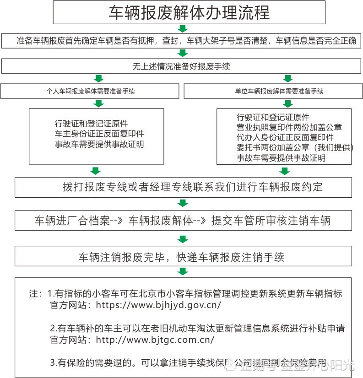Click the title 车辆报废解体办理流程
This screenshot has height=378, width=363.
pos(189,12)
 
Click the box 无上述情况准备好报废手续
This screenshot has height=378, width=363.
pos(181,66)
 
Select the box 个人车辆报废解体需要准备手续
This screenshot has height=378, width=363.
pos(91,91)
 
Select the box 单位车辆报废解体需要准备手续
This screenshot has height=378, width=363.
pos(273,91)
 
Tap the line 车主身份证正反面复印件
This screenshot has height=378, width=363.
pos(99,134)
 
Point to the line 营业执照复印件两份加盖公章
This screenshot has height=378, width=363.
pos(289,127)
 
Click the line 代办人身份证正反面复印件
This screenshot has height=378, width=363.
pos(285,137)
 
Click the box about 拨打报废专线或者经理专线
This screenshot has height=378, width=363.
pos(183,187)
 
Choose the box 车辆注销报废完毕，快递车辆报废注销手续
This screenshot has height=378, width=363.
pos(183,257)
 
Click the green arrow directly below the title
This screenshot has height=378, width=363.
pos(183,28)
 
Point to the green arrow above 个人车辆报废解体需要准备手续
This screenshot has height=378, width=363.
pos(97,78)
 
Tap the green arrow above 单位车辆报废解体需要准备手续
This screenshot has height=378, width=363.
pos(288,78)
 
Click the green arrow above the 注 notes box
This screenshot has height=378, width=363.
pos(183,271)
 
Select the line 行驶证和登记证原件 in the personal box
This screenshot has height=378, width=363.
pos(91,124)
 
